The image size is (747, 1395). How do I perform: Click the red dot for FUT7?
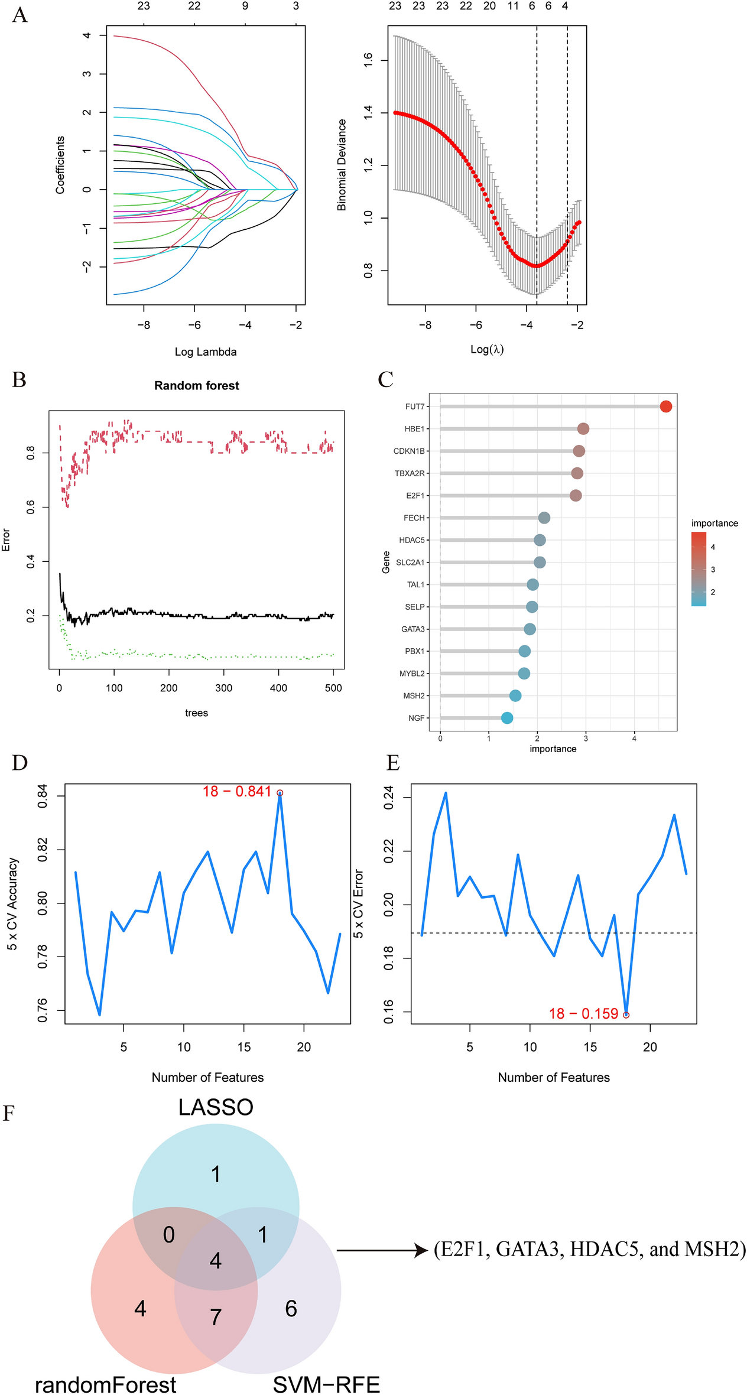[665, 407]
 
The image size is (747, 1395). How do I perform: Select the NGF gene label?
[416, 718]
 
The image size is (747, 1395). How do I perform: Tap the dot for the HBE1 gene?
[583, 429]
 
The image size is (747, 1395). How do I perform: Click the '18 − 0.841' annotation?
[237, 792]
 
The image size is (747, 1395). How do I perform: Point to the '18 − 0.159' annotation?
[583, 1014]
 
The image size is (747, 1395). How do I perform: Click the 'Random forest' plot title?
[197, 386]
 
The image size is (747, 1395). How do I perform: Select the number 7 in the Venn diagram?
[216, 1316]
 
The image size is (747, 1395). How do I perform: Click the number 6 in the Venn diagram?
[291, 1308]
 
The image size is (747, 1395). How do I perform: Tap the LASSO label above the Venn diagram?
[216, 1107]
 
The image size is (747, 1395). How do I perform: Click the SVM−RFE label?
[326, 1384]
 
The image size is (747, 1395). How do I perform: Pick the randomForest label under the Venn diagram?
[106, 1384]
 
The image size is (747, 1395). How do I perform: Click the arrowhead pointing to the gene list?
[421, 1250]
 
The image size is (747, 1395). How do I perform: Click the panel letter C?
[385, 379]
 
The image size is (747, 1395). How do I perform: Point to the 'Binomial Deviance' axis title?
[342, 165]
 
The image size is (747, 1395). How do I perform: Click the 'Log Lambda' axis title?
[206, 352]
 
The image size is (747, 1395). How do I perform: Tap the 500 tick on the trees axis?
[333, 688]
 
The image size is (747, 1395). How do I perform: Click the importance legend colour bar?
[699, 569]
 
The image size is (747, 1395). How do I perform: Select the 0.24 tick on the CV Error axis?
[388, 798]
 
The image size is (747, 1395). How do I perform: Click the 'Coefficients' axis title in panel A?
[60, 165]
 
